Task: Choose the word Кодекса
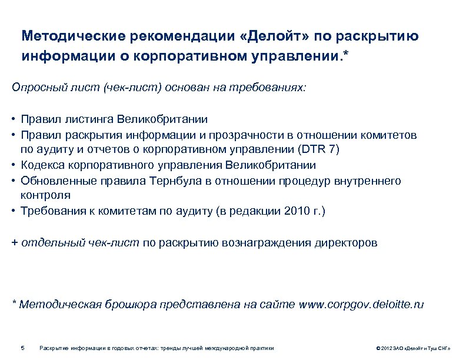pos(42,165)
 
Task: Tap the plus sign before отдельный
pos(15,242)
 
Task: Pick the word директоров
pos(347,242)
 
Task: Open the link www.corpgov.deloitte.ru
pos(361,304)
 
